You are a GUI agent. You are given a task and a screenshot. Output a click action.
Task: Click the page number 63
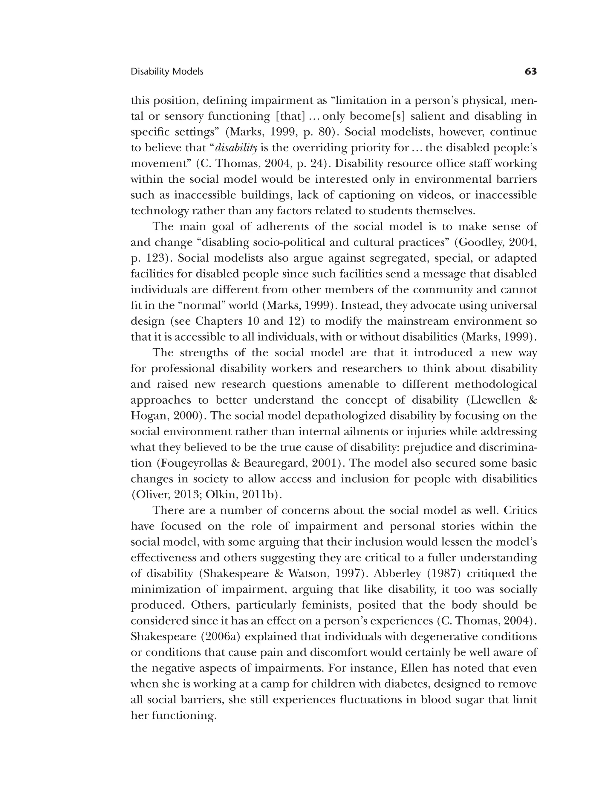point(530,72)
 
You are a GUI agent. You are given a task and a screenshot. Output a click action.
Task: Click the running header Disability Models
point(167,72)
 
